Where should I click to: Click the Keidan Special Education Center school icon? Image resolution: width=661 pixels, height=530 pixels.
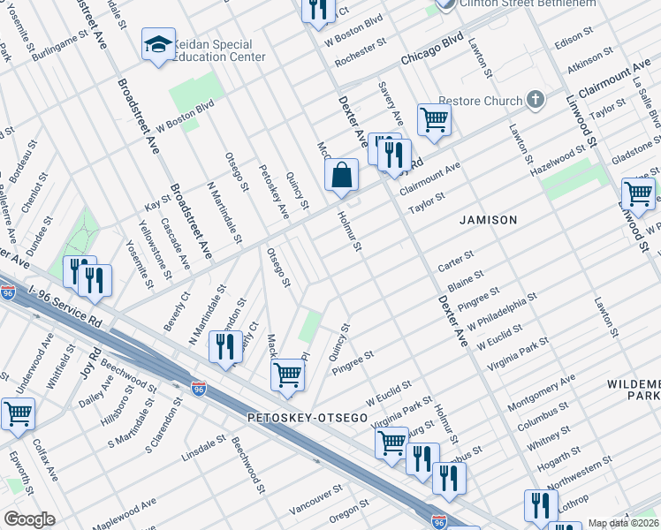click(158, 47)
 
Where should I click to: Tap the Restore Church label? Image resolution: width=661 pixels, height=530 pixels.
click(481, 101)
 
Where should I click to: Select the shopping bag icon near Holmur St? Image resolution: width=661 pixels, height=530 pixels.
click(341, 176)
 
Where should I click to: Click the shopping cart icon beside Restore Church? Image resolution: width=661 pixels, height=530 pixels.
click(434, 118)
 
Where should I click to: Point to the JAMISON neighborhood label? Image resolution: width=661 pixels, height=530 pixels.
click(487, 219)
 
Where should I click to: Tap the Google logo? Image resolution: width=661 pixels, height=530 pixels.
click(29, 519)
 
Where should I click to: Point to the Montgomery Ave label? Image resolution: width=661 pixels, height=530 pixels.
click(542, 390)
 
